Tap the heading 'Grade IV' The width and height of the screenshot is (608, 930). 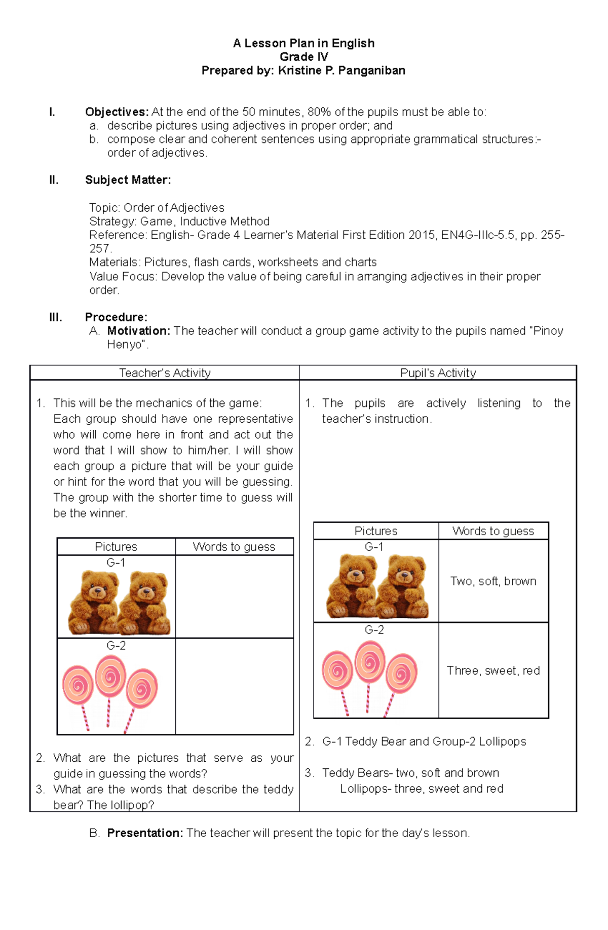point(303,57)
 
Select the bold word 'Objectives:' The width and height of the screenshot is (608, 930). point(117,112)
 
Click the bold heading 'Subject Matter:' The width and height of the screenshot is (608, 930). point(128,180)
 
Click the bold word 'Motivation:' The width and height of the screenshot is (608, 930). point(138,331)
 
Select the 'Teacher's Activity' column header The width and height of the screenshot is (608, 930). point(165,373)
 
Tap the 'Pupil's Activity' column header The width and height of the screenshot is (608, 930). point(438,373)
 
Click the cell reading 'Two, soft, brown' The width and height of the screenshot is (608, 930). point(493,581)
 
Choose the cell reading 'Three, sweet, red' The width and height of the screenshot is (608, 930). point(493,671)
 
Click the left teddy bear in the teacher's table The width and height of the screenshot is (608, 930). point(94,602)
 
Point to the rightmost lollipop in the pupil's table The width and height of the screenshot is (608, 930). point(400,679)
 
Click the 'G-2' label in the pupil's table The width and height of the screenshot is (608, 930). point(374,629)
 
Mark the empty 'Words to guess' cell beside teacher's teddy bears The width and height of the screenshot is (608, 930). point(234,596)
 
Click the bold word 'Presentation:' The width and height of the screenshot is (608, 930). point(145,833)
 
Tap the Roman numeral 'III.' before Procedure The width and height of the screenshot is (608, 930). point(56,317)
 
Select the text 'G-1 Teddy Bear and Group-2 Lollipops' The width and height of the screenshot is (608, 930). point(424,741)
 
